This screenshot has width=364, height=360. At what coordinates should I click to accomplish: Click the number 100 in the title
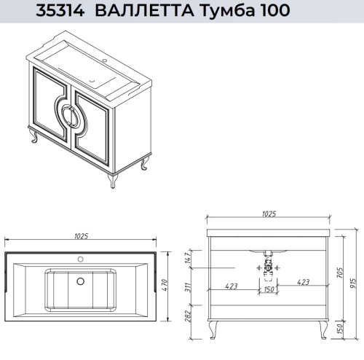pos(261,10)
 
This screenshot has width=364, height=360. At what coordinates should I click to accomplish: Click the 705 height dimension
pos(341,273)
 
